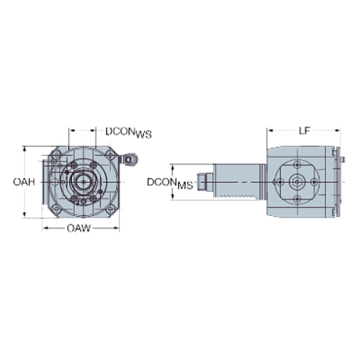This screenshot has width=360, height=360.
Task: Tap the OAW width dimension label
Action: click(x=79, y=228)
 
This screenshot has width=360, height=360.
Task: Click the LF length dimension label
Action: click(x=303, y=130)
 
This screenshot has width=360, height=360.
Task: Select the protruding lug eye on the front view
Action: click(x=131, y=158)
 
